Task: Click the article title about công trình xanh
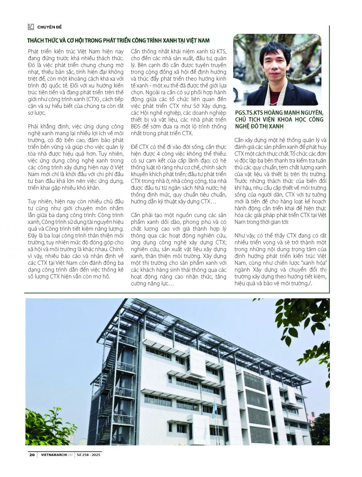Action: point(118,41)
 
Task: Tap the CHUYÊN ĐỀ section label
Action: point(50,27)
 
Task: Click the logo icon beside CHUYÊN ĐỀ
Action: point(31,27)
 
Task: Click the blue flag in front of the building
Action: point(214,409)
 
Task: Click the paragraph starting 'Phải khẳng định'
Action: point(75,157)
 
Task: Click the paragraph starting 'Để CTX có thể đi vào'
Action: point(179,173)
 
